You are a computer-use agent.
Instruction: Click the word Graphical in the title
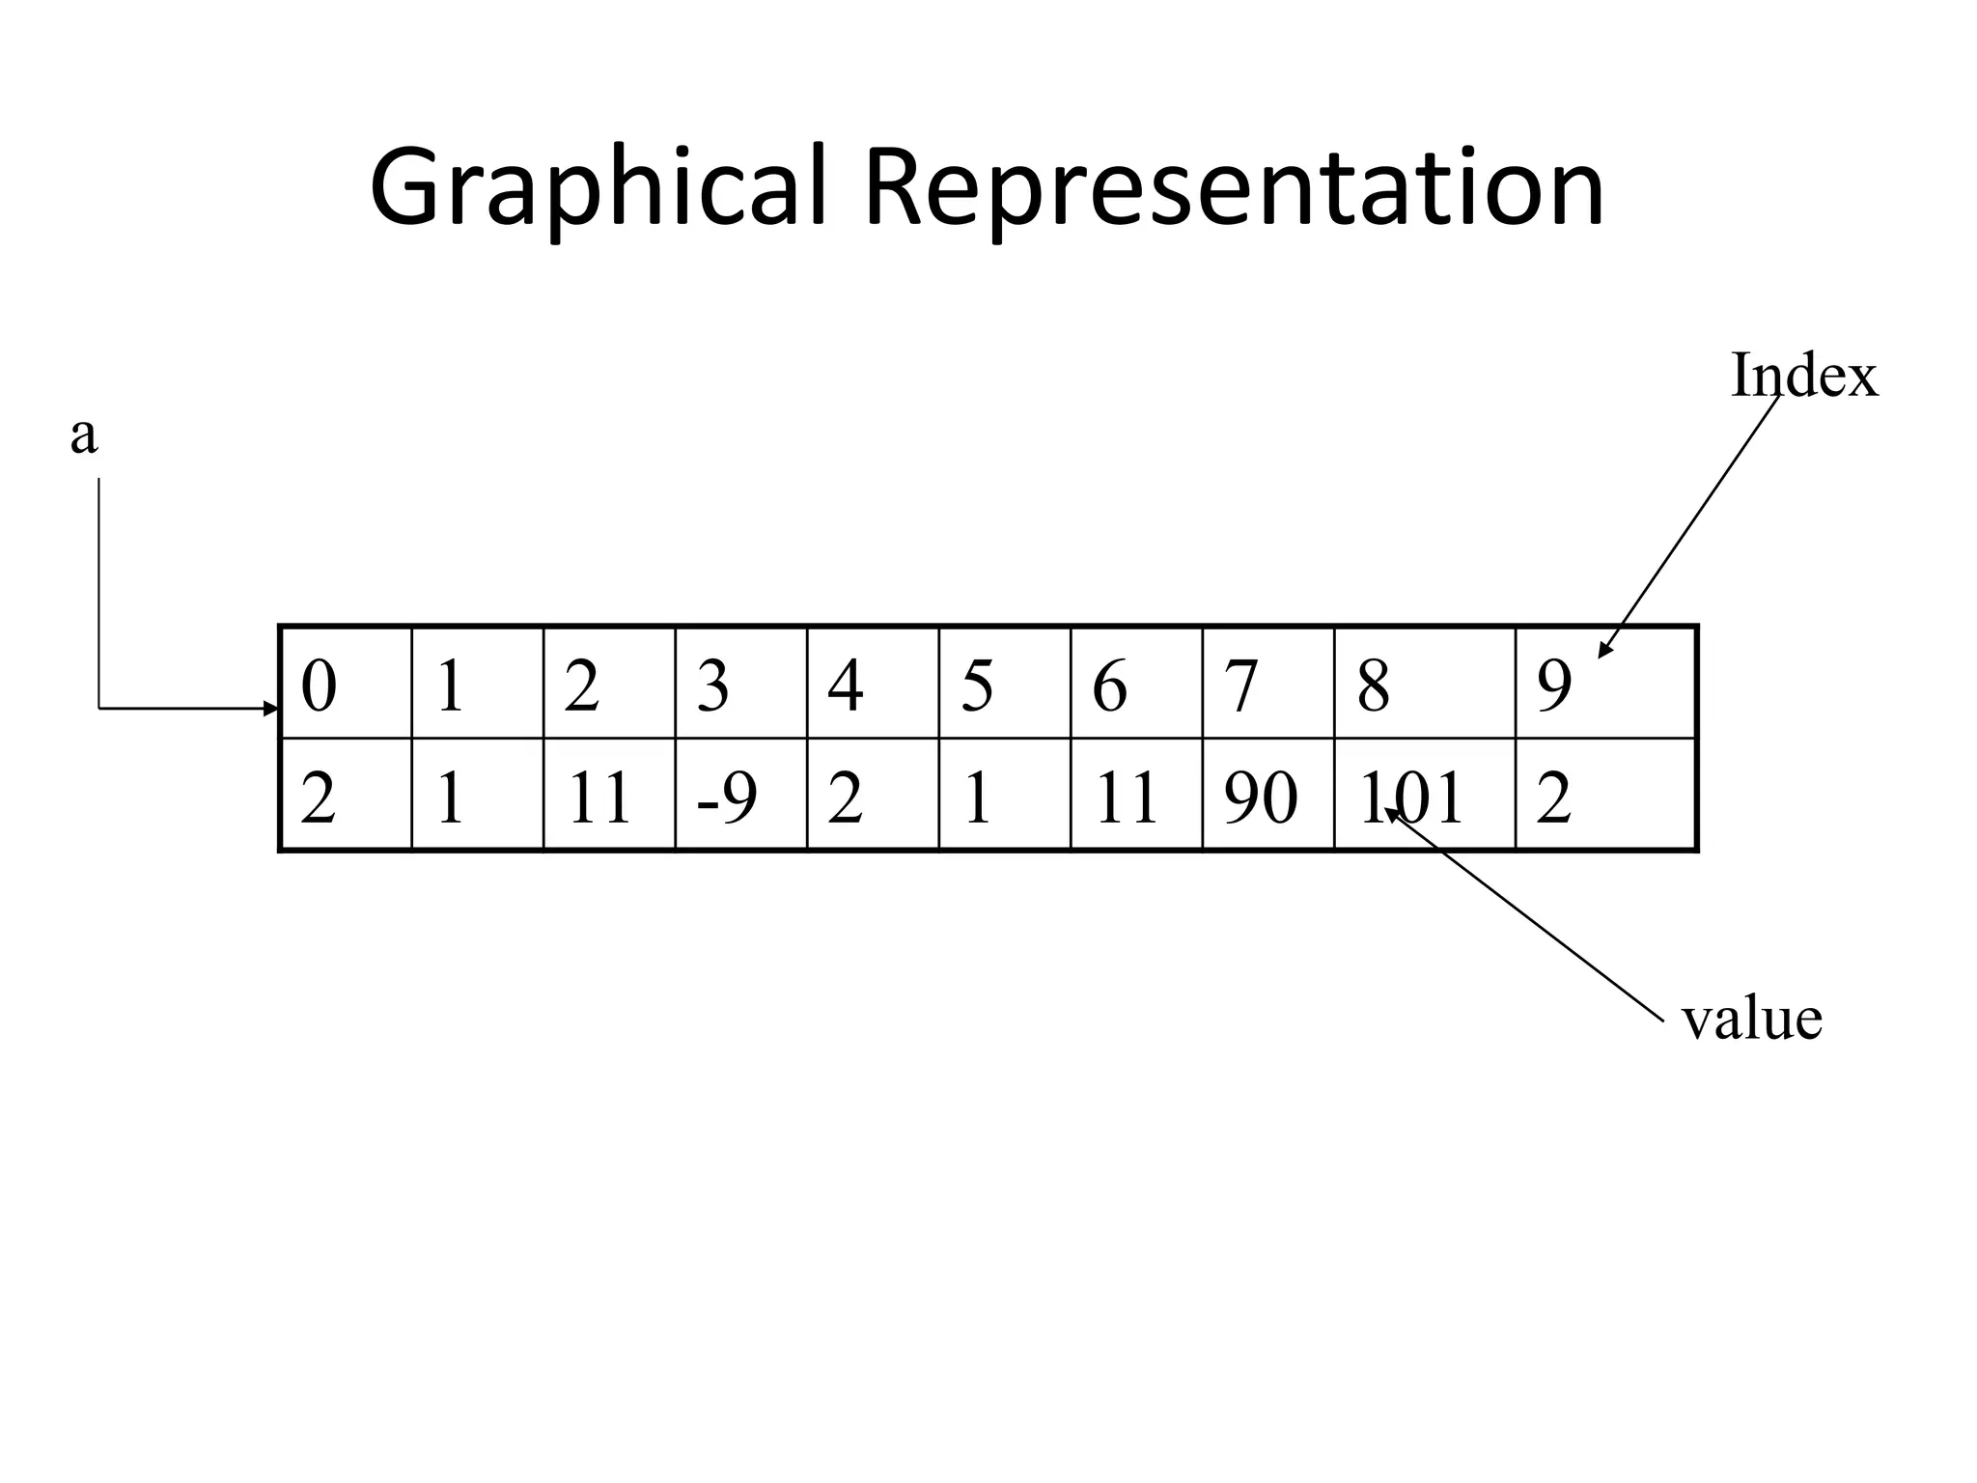pos(599,188)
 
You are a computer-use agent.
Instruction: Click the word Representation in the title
pos(1234,188)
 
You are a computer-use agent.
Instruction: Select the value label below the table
pos(1751,1019)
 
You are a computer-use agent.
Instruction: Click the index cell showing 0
pos(346,684)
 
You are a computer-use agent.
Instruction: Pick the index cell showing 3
pos(740,684)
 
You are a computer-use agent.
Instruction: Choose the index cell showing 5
pos(1004,684)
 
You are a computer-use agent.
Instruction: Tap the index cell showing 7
pos(1267,684)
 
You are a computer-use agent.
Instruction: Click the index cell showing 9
pos(1605,684)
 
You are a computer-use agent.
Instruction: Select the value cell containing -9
pos(740,796)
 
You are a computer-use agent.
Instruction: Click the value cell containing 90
pos(1267,796)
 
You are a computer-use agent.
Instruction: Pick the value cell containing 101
pos(1424,796)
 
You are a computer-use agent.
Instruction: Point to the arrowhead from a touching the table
pos(272,709)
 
